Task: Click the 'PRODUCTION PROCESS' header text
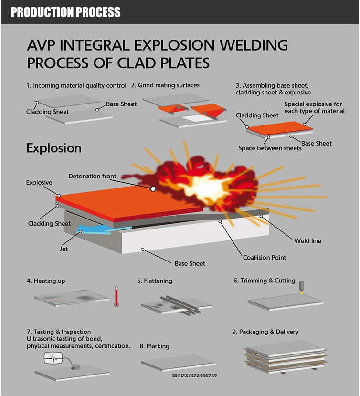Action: click(x=65, y=12)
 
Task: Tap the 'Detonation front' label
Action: click(x=92, y=176)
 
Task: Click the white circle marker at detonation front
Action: click(x=153, y=188)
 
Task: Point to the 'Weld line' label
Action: click(x=307, y=241)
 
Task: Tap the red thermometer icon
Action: click(x=116, y=296)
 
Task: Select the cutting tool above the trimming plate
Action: click(x=301, y=287)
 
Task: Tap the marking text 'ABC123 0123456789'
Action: click(x=194, y=376)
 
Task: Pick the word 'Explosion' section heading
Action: click(x=54, y=148)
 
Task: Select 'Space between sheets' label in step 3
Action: click(x=270, y=148)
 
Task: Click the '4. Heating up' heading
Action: click(x=46, y=281)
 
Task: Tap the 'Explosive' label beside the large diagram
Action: click(x=39, y=182)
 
